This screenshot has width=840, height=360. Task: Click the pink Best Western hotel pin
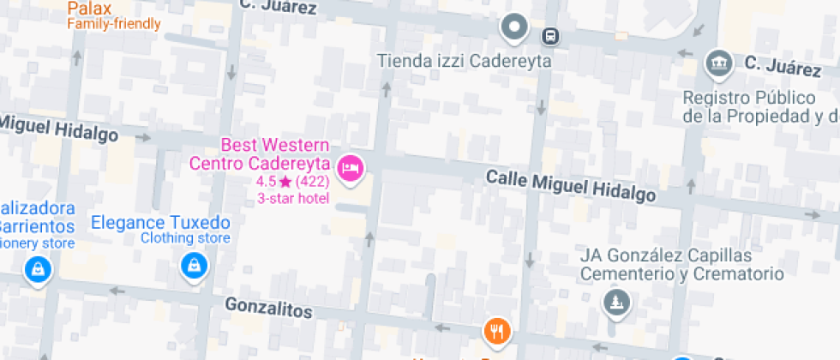click(x=350, y=167)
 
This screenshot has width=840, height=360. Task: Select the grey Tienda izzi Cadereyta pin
click(x=514, y=28)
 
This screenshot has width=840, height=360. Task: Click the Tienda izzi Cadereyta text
click(x=465, y=62)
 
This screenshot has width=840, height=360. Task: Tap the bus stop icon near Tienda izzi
click(x=549, y=37)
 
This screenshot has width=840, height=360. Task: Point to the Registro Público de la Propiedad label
click(x=759, y=106)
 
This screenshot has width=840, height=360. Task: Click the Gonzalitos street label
click(x=267, y=307)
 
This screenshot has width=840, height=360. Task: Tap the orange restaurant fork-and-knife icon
click(x=497, y=330)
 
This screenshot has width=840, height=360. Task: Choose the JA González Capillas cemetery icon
click(x=615, y=302)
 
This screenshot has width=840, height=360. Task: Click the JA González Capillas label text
click(x=681, y=265)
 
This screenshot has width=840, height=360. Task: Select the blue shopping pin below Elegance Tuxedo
click(x=195, y=267)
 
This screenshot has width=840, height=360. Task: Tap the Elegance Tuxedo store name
click(x=160, y=222)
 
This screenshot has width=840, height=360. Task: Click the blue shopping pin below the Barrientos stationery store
click(x=39, y=269)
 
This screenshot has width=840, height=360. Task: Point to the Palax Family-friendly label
click(x=113, y=15)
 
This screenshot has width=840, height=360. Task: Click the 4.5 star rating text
click(x=292, y=182)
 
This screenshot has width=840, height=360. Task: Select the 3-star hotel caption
click(x=291, y=198)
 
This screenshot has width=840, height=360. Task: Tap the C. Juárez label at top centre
click(x=279, y=8)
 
